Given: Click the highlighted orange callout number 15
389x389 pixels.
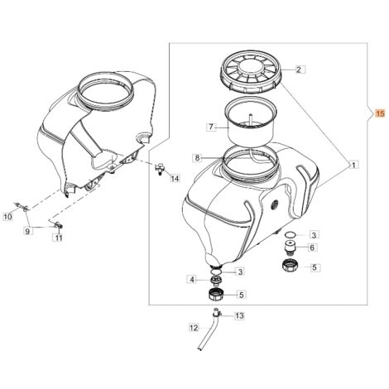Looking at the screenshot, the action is click(380, 113).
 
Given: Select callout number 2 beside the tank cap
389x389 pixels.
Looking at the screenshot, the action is click(299, 70).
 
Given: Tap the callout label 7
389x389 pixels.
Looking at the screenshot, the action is click(211, 127).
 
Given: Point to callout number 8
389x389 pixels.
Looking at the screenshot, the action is click(197, 158).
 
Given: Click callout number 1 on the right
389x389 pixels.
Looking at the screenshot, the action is click(353, 165).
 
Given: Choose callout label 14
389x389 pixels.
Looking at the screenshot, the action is click(175, 179).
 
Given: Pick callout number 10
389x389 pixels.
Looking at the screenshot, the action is click(8, 217).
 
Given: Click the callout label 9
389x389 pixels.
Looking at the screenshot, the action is click(27, 231).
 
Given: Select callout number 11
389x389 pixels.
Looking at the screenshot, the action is click(58, 238).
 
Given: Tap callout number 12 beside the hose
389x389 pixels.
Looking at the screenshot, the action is click(194, 328).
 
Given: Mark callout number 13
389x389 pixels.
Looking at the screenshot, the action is click(239, 315).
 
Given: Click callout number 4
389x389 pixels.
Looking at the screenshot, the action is click(192, 280).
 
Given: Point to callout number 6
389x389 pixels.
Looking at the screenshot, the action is click(312, 247).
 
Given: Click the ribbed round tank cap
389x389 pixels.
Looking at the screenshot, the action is click(251, 72).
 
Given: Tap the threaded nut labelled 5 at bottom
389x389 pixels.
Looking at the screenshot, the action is click(215, 295).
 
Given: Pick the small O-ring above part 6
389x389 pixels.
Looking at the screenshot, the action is click(290, 234).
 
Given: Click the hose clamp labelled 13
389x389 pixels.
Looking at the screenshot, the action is click(217, 313).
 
